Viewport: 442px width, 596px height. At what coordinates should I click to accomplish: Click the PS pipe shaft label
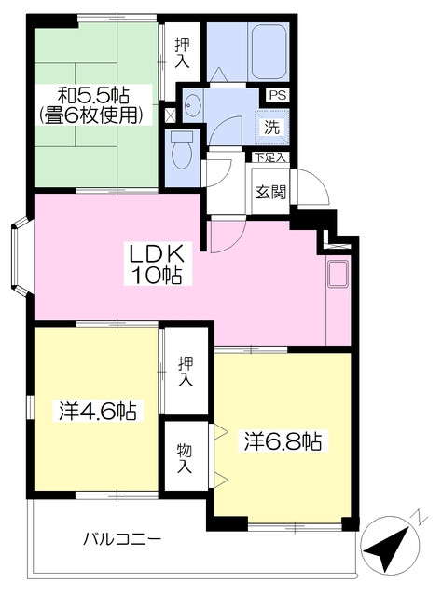point(278,95)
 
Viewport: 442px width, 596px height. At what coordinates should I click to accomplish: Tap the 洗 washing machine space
point(272,127)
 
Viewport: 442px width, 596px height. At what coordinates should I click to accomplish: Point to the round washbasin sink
point(190,104)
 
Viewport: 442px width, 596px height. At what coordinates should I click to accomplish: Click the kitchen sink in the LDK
point(338,273)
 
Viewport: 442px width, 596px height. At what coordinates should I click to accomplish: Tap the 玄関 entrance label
point(270,192)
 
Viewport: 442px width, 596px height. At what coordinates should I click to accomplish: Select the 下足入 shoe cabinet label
point(269,157)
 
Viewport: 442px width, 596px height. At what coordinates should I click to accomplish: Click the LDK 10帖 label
point(157,264)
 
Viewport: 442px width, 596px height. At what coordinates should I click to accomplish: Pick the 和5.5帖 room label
point(93,95)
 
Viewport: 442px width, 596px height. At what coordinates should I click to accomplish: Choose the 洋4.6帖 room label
point(98,410)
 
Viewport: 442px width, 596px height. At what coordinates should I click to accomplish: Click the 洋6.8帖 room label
point(283,440)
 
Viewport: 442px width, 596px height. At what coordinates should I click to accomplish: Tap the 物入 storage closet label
point(185,459)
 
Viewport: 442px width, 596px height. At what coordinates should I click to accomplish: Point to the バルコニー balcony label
point(122,538)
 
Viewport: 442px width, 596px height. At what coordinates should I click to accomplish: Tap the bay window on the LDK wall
point(19,256)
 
